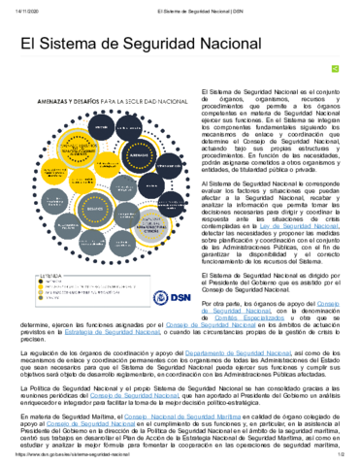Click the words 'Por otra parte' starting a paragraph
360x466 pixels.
tap(219, 304)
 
